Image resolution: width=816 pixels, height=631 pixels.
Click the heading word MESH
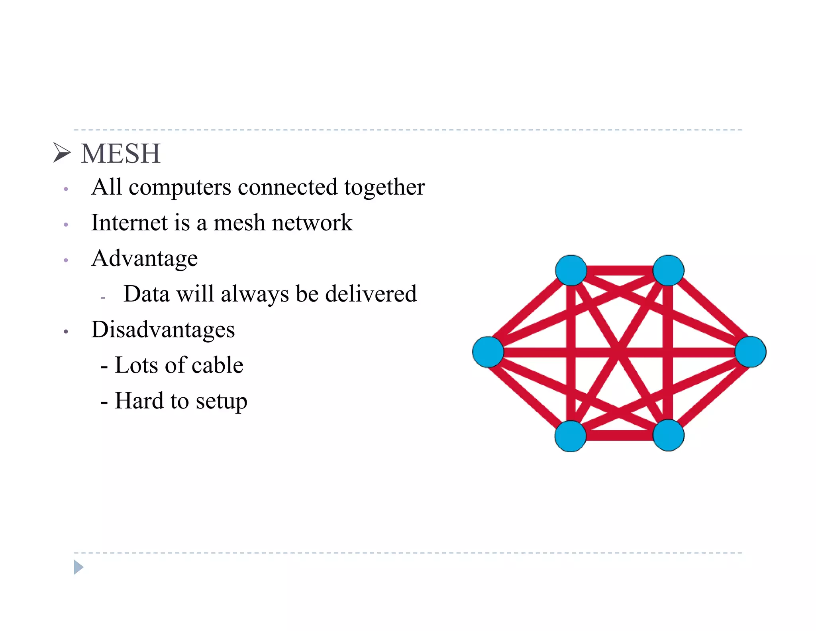(121, 154)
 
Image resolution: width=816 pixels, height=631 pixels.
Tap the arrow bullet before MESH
(62, 153)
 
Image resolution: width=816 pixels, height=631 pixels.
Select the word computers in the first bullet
(180, 187)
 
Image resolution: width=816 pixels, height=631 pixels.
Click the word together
(384, 187)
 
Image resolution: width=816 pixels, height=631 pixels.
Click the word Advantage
(144, 258)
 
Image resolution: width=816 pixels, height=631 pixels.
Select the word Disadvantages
(163, 330)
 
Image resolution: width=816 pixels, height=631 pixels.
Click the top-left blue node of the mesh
(571, 270)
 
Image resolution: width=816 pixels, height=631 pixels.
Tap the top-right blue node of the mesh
(668, 270)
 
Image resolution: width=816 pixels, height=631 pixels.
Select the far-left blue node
(488, 352)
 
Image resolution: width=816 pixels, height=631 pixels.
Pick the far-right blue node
(750, 352)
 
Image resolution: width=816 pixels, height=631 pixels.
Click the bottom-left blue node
(571, 436)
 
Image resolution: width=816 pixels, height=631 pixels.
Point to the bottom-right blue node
(668, 435)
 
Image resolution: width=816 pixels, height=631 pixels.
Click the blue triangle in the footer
(78, 567)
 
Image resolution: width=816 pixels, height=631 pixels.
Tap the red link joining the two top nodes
(620, 270)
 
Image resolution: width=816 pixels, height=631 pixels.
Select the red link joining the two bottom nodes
(620, 436)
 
